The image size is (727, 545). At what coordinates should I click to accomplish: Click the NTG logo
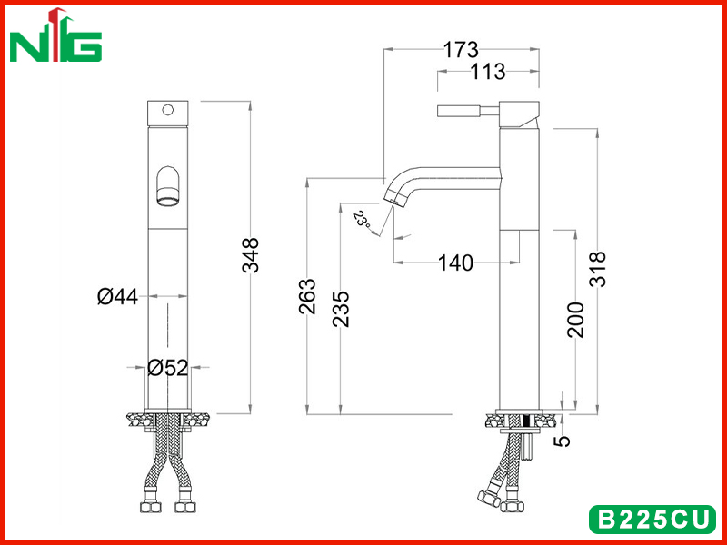tap(55, 36)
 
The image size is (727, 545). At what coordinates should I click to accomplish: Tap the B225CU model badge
tap(652, 519)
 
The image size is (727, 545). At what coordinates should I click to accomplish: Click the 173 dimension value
tap(461, 50)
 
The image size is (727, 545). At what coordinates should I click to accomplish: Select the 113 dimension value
tap(488, 72)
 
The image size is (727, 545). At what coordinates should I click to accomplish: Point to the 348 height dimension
tap(251, 254)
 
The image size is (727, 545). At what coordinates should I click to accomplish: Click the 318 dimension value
tap(597, 269)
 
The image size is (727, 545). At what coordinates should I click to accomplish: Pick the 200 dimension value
tap(575, 320)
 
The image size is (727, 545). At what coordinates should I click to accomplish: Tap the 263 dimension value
tap(307, 296)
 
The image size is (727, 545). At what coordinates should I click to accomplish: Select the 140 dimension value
tap(456, 263)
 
